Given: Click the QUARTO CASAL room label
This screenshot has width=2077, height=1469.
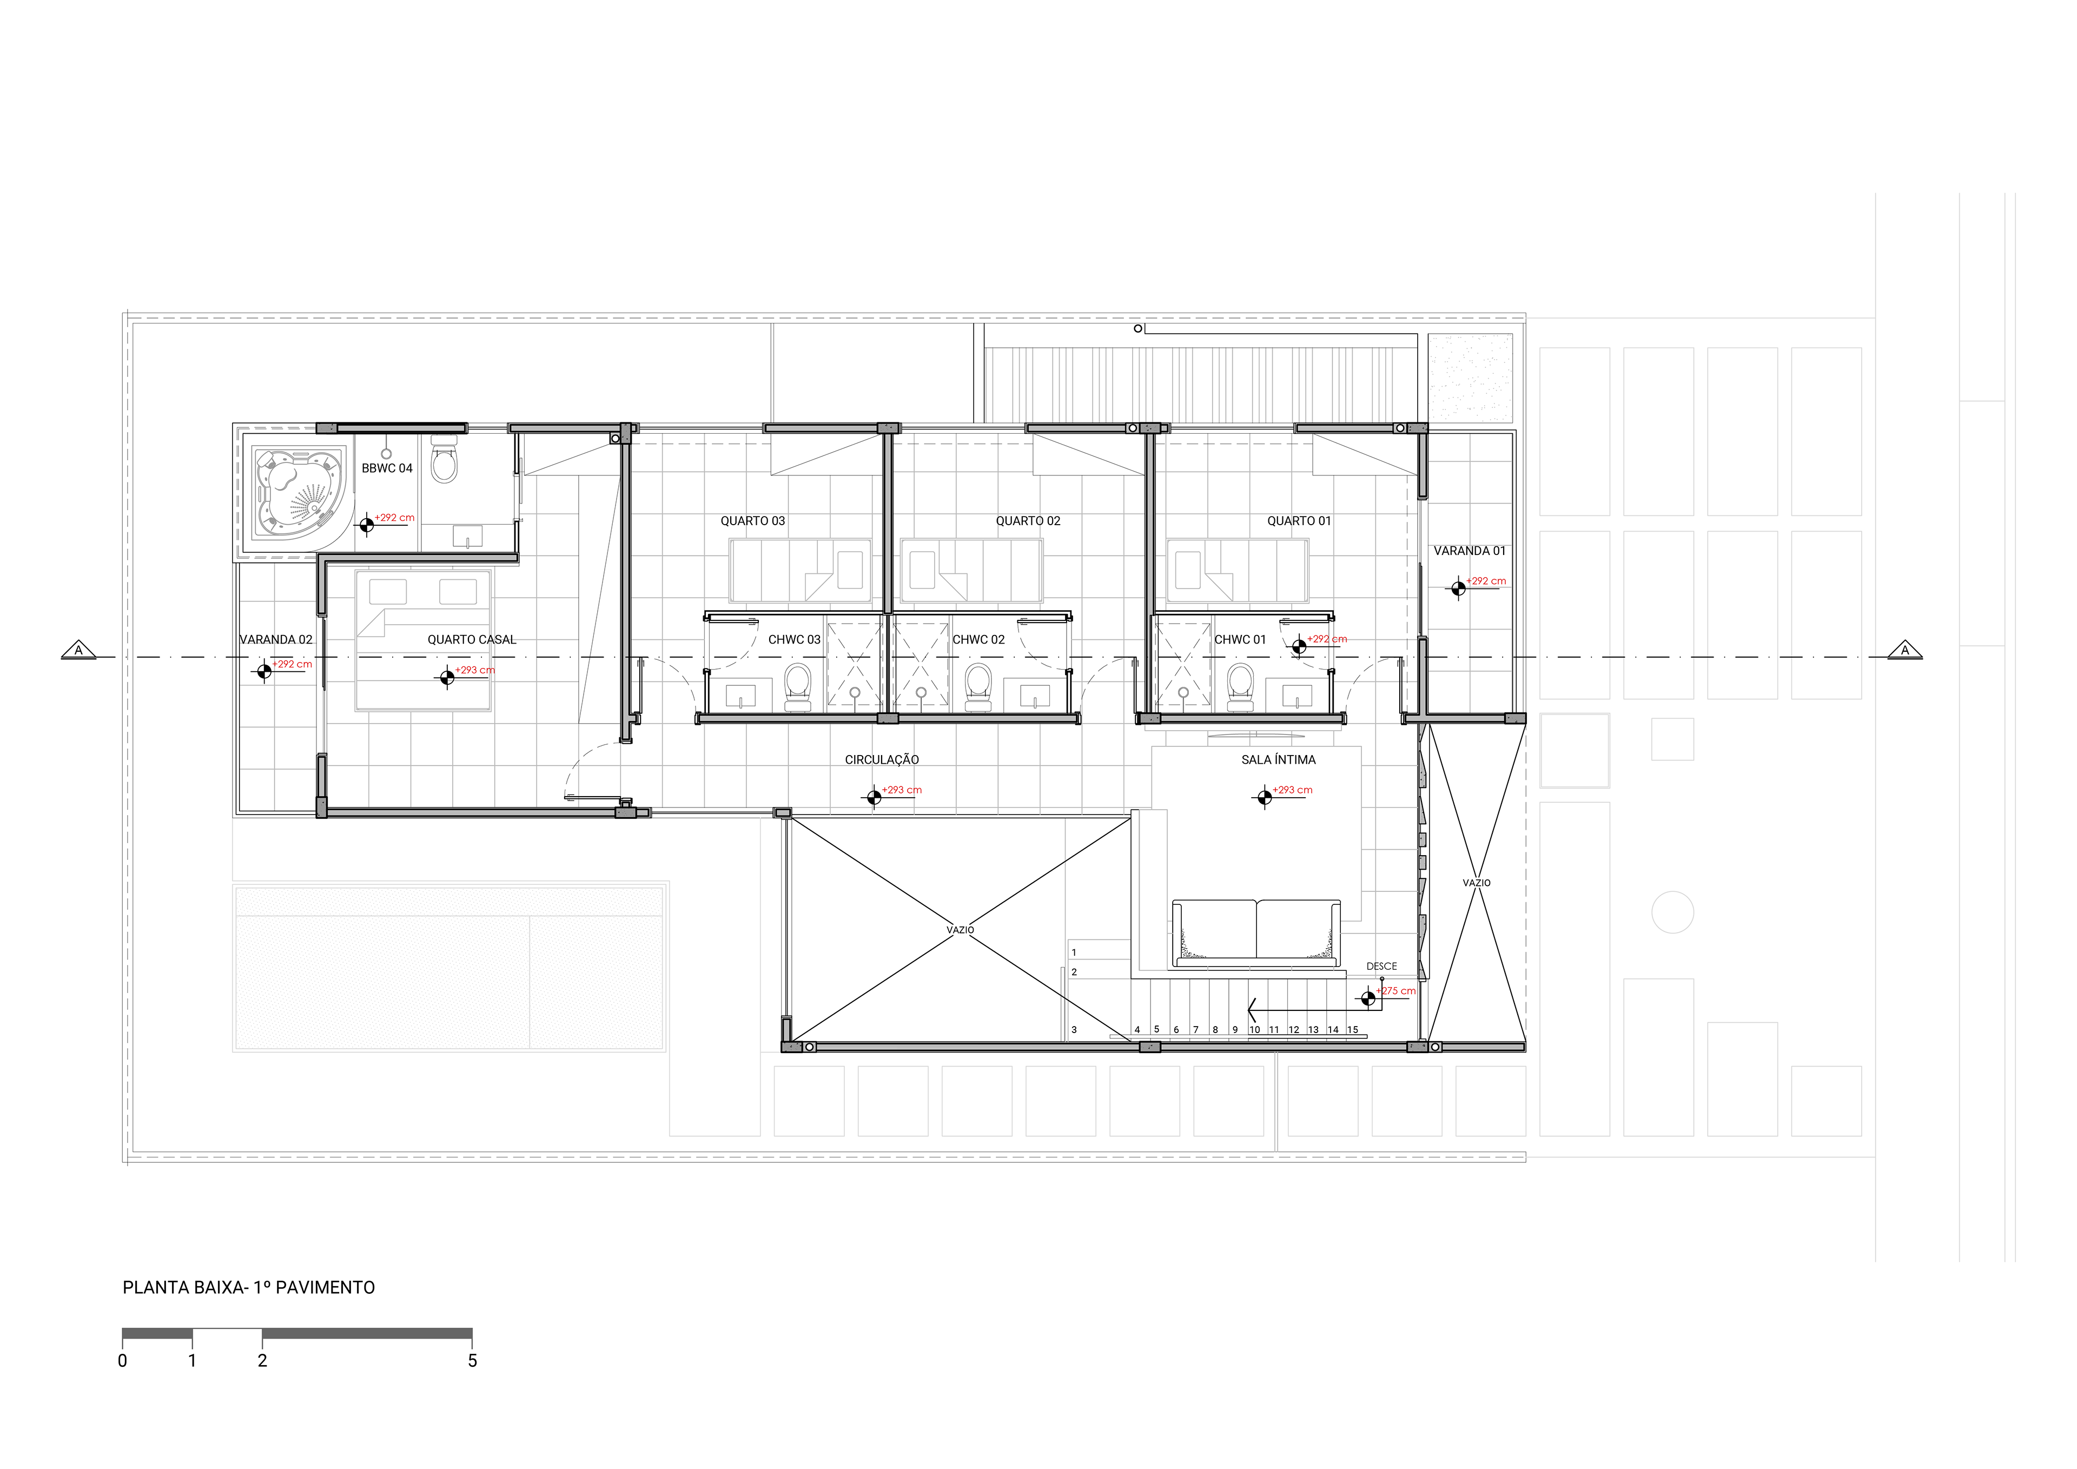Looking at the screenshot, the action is point(471,639).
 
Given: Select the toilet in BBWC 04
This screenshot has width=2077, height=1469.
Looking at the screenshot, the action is point(444,460).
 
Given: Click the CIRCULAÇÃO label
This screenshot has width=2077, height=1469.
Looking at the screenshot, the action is point(882,760).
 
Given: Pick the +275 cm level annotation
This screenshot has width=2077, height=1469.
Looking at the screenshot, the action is point(1397,991).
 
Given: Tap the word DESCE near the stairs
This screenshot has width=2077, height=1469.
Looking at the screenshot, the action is point(1381,966).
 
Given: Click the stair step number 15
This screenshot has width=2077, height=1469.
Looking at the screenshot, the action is point(1352,1029).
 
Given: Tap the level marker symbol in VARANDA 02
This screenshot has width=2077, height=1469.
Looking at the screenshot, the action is point(264,671).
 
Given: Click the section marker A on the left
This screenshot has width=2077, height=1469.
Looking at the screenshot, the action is point(79,650).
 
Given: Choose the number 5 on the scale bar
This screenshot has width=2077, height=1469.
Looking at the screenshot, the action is point(472,1360).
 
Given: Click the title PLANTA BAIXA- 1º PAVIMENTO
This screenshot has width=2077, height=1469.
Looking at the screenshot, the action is point(249,1287).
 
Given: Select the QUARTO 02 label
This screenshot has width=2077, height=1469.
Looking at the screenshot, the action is point(1028,521).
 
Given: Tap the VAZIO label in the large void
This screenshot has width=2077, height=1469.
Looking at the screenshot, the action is point(961,930).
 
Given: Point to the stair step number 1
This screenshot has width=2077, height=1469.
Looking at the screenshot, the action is point(1074,952).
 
